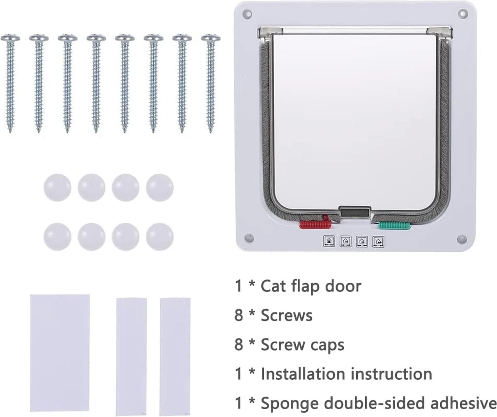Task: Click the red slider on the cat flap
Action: (314, 225)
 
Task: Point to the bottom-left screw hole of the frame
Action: (248, 239)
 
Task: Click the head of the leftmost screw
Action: (10, 39)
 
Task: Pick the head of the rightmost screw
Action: (211, 39)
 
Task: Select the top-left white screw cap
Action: (57, 187)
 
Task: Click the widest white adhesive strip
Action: (60, 355)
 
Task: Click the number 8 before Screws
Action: (239, 316)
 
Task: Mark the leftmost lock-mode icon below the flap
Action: (329, 241)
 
